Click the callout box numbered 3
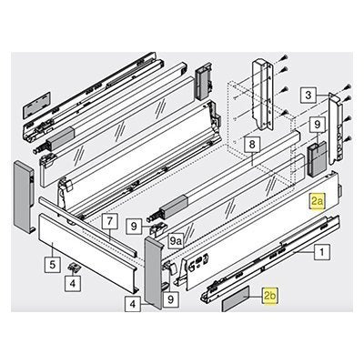point(308,96)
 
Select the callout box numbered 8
point(252,145)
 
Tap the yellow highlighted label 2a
point(318,201)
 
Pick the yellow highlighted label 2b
point(270,296)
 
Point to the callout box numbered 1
point(322,252)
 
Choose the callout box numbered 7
point(110,221)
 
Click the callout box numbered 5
point(53,265)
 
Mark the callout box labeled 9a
point(176,241)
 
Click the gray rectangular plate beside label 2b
point(236,298)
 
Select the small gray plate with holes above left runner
point(36,106)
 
